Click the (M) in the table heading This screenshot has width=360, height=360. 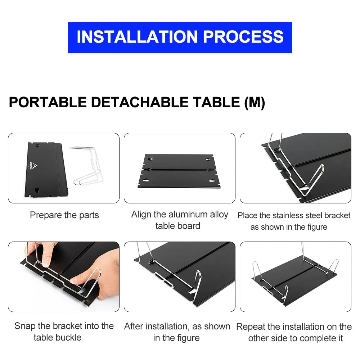[255, 102]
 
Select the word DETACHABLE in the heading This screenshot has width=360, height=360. [141, 102]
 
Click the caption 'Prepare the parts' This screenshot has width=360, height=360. [64, 215]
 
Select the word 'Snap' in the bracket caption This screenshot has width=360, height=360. [25, 326]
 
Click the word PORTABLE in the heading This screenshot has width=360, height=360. [48, 102]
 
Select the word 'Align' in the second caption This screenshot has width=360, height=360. [141, 215]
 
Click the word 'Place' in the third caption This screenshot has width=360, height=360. [247, 215]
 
